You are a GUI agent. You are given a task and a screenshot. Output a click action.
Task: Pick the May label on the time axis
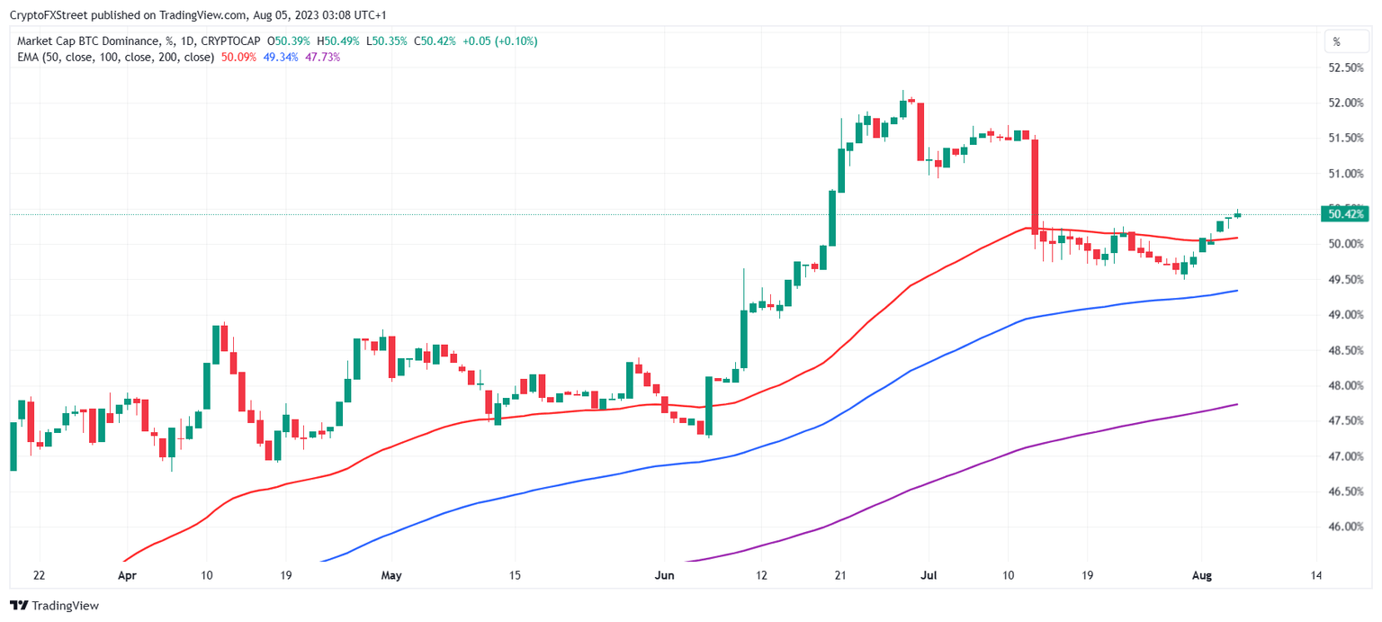coord(390,574)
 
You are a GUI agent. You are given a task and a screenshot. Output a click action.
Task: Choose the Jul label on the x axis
coord(928,574)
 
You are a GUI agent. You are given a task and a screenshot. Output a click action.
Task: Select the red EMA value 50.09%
coord(238,57)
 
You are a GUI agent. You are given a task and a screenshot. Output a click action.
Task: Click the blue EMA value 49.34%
coord(281,57)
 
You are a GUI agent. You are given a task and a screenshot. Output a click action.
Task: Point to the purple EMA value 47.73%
coord(323,57)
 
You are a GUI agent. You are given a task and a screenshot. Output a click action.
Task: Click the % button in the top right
coord(1336,41)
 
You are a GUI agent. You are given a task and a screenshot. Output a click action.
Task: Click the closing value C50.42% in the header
coord(435,41)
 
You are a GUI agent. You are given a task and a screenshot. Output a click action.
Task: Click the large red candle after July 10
coord(1035,185)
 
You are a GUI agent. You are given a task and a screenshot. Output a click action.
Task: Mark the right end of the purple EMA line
coord(1238,404)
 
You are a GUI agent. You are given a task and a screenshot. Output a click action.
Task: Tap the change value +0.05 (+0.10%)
coord(500,41)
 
